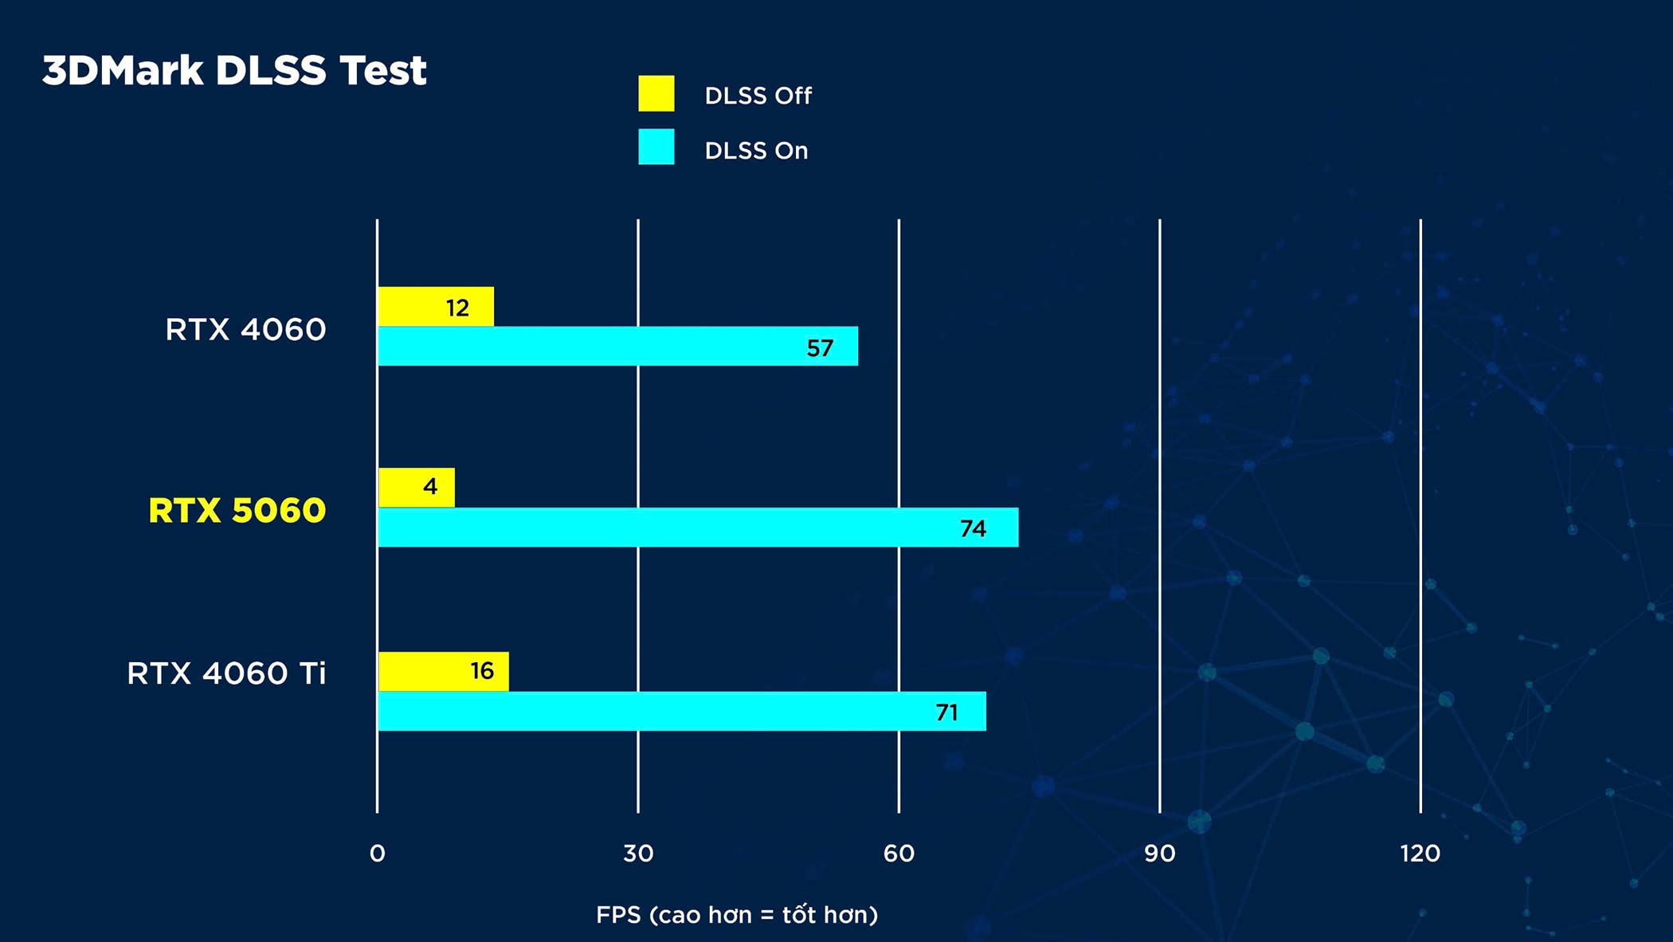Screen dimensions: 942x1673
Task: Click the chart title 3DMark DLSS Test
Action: (x=234, y=70)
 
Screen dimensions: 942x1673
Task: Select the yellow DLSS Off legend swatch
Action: (x=656, y=94)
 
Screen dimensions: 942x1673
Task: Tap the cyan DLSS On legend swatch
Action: (x=656, y=147)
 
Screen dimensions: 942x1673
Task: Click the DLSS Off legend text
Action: (x=758, y=96)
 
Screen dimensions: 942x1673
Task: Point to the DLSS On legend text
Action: (x=756, y=151)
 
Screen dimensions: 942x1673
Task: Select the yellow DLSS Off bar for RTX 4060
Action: (x=435, y=307)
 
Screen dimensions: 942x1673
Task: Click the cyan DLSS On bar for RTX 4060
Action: (x=617, y=347)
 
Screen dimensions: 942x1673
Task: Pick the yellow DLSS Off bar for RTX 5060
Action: (x=416, y=487)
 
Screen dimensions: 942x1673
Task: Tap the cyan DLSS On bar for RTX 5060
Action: (x=698, y=528)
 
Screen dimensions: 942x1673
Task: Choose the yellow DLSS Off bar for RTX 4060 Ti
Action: (x=443, y=671)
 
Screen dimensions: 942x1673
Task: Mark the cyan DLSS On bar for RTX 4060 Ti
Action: (x=682, y=711)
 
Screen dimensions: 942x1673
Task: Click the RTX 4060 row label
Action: (x=245, y=329)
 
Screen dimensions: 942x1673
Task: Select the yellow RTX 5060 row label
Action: (x=237, y=510)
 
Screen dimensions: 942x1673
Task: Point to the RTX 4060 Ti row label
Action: (x=226, y=673)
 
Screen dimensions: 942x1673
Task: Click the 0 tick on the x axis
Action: (x=378, y=854)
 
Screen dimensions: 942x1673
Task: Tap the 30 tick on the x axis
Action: (x=638, y=854)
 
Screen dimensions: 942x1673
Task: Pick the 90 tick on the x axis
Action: (x=1159, y=854)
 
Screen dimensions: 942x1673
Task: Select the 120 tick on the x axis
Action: (x=1420, y=854)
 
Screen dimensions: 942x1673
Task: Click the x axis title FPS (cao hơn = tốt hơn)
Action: (x=737, y=914)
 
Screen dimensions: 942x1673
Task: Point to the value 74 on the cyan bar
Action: (x=973, y=528)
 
